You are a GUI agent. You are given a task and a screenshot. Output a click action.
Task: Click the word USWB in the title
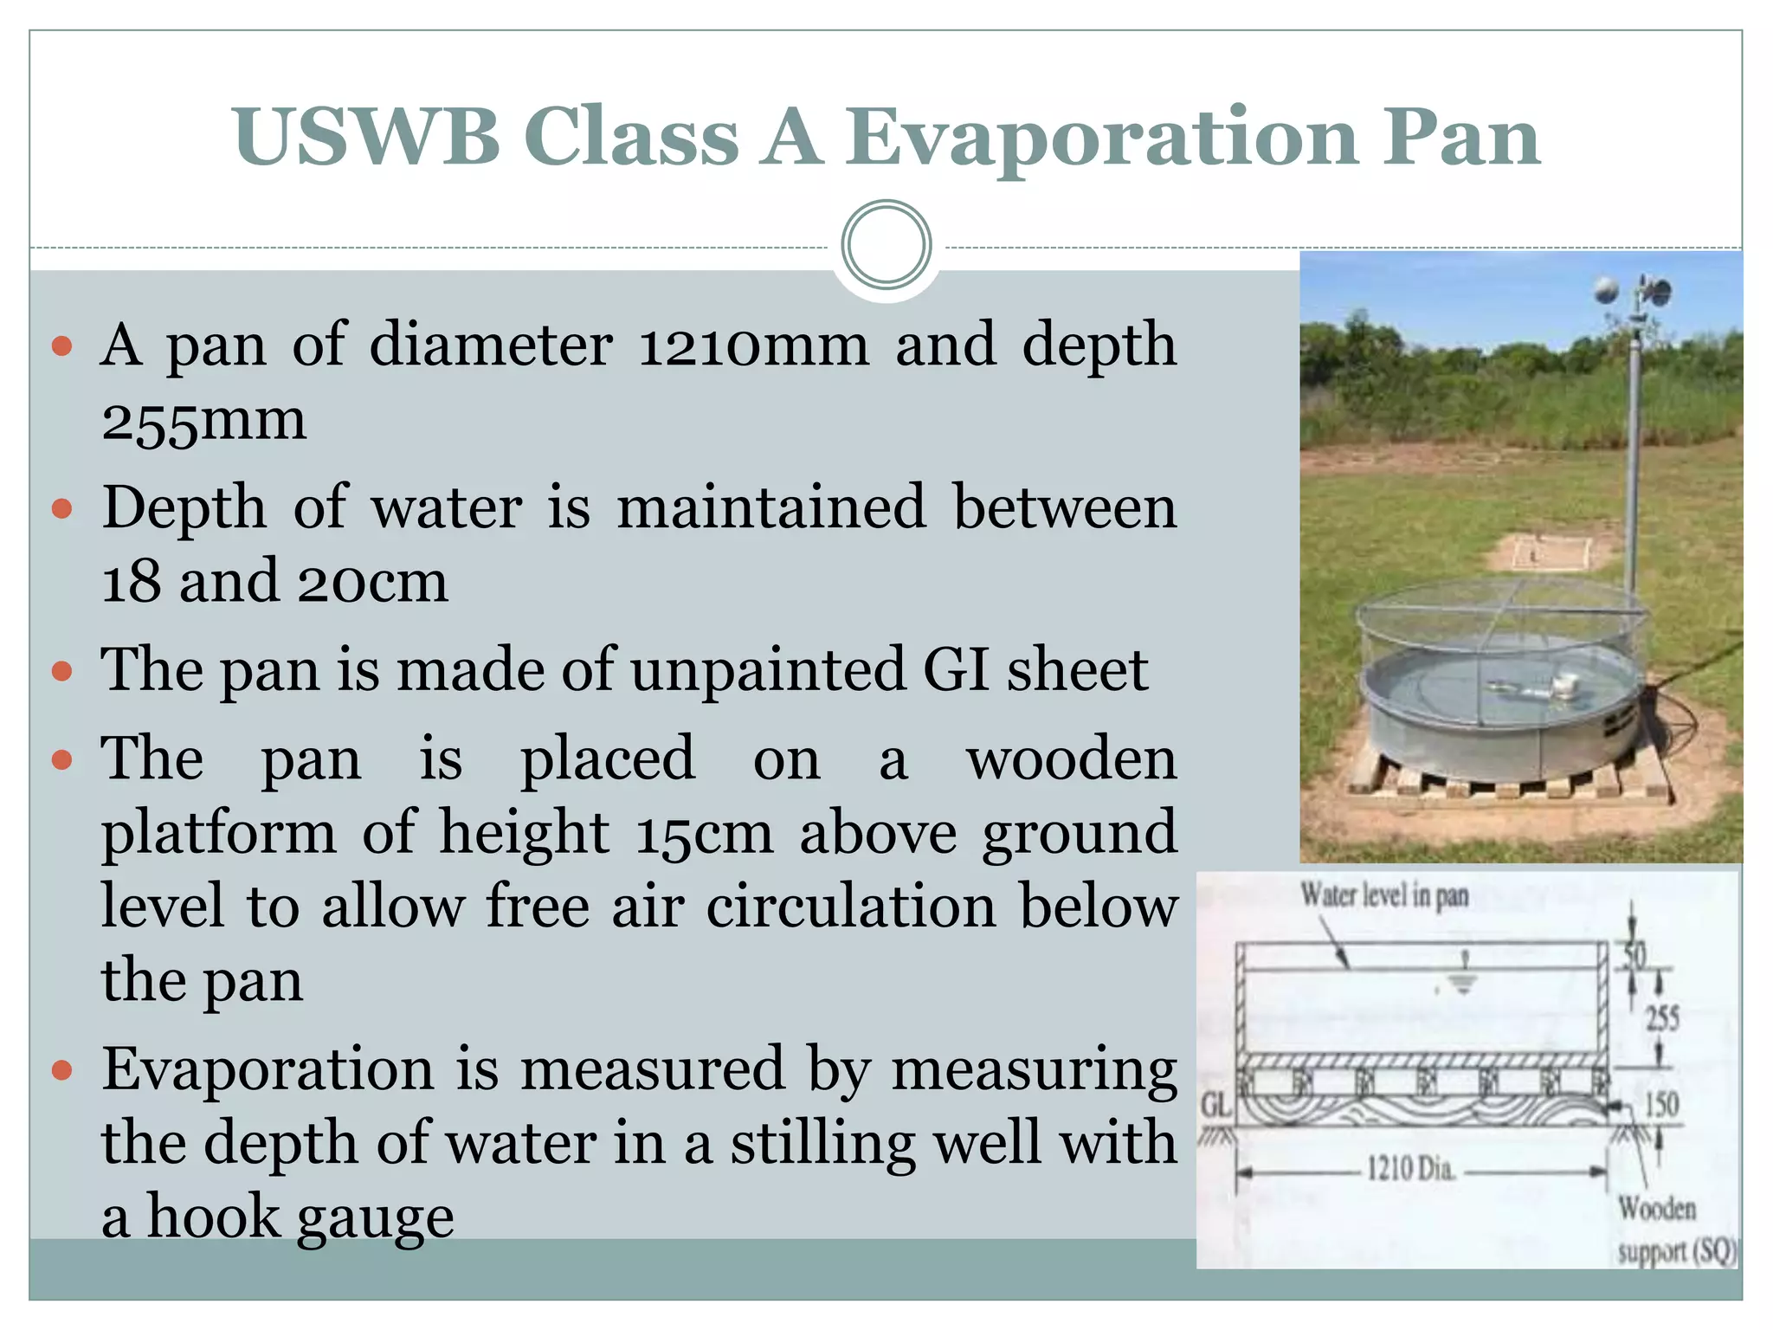(365, 137)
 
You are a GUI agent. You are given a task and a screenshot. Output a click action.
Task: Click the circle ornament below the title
(886, 245)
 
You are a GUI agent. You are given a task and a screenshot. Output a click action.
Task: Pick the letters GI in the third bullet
(956, 670)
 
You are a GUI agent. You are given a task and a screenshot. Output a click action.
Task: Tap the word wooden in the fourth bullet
(1071, 759)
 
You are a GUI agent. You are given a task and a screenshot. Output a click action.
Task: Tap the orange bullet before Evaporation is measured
(61, 1070)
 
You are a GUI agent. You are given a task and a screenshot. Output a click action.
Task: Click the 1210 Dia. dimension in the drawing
(1410, 1169)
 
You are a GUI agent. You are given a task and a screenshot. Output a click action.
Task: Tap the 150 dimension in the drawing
(1661, 1104)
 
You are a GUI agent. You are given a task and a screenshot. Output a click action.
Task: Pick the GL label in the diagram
(1215, 1105)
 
